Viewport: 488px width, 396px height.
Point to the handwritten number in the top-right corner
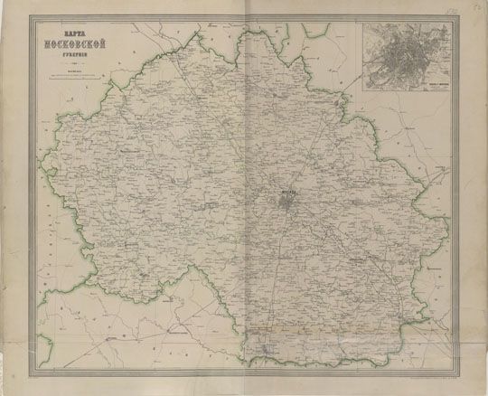474,9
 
